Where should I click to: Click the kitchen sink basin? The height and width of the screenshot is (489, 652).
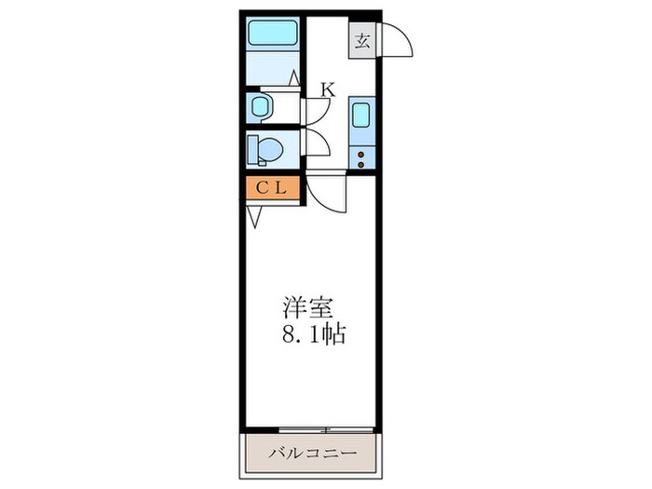point(361,117)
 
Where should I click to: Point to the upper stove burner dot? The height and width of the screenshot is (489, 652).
point(361,154)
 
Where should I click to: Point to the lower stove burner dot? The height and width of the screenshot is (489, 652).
point(361,165)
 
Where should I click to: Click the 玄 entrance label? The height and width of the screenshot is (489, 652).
point(362,42)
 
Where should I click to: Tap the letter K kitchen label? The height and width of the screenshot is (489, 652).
point(328,89)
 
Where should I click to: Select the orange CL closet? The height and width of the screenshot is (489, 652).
point(272,187)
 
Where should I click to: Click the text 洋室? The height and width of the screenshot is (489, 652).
point(304,306)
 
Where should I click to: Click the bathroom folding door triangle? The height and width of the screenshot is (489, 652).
point(293,80)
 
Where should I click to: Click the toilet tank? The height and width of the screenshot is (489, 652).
point(251,149)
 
